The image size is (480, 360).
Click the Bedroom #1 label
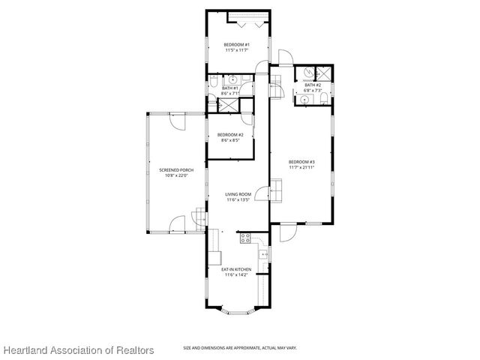[x=236, y=45]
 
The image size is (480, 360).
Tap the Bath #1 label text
[x=230, y=88]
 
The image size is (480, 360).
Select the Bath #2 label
[x=313, y=85]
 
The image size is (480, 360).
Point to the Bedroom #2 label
[x=230, y=135]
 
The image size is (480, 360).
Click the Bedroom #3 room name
[x=301, y=162]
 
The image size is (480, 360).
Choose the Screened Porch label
[x=176, y=170]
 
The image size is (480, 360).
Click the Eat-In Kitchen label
[x=236, y=269]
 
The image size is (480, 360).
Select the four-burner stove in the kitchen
[x=244, y=239]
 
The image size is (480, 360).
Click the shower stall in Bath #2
[x=324, y=73]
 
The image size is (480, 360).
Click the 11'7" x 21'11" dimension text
[x=301, y=168]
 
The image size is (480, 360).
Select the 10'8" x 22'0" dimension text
[x=176, y=176]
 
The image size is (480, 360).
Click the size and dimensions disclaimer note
[x=239, y=348]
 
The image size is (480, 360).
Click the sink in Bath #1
[x=232, y=78]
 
